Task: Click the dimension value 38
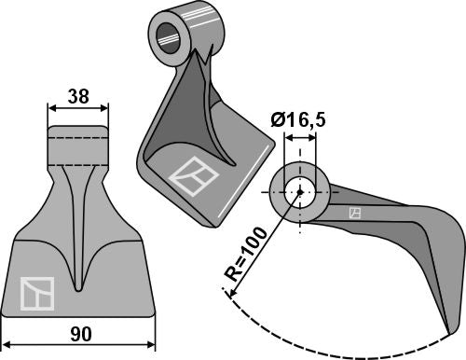[78, 94]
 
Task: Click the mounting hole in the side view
[300, 190]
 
